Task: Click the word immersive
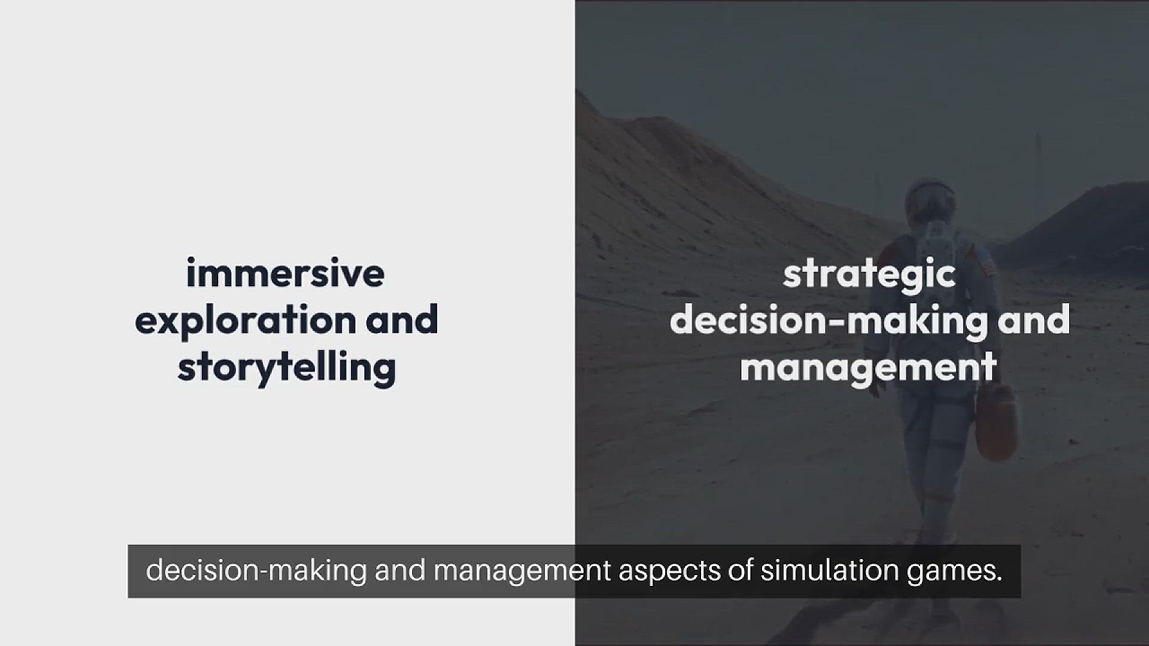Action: click(x=285, y=273)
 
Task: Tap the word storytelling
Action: click(x=287, y=367)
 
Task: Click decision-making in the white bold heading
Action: click(x=828, y=321)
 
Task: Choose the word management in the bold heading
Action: click(x=868, y=367)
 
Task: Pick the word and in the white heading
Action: click(x=1034, y=319)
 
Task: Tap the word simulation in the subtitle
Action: click(x=829, y=571)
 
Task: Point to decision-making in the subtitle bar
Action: click(x=256, y=571)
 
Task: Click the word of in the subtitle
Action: click(x=740, y=571)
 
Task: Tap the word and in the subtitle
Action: click(x=400, y=571)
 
